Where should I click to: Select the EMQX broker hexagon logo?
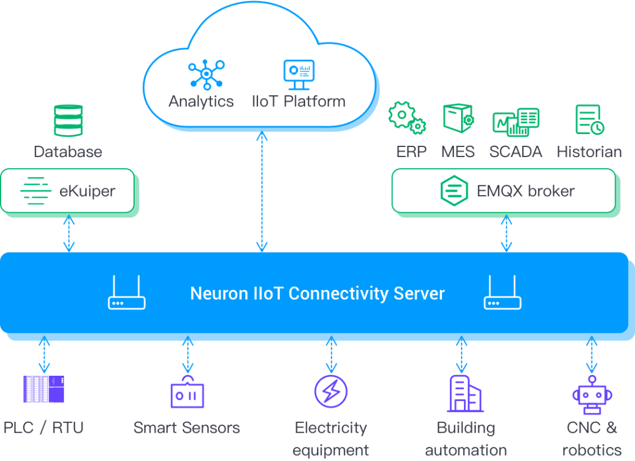[454, 191]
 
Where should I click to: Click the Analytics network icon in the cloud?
[206, 75]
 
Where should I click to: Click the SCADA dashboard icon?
[515, 122]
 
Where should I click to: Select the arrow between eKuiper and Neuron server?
[69, 234]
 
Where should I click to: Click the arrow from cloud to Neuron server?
[262, 192]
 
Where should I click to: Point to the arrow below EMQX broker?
[505, 234]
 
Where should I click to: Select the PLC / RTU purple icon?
[44, 389]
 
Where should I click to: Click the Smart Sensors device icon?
[188, 392]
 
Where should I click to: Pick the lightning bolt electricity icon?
[331, 391]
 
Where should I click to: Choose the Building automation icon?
[464, 393]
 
